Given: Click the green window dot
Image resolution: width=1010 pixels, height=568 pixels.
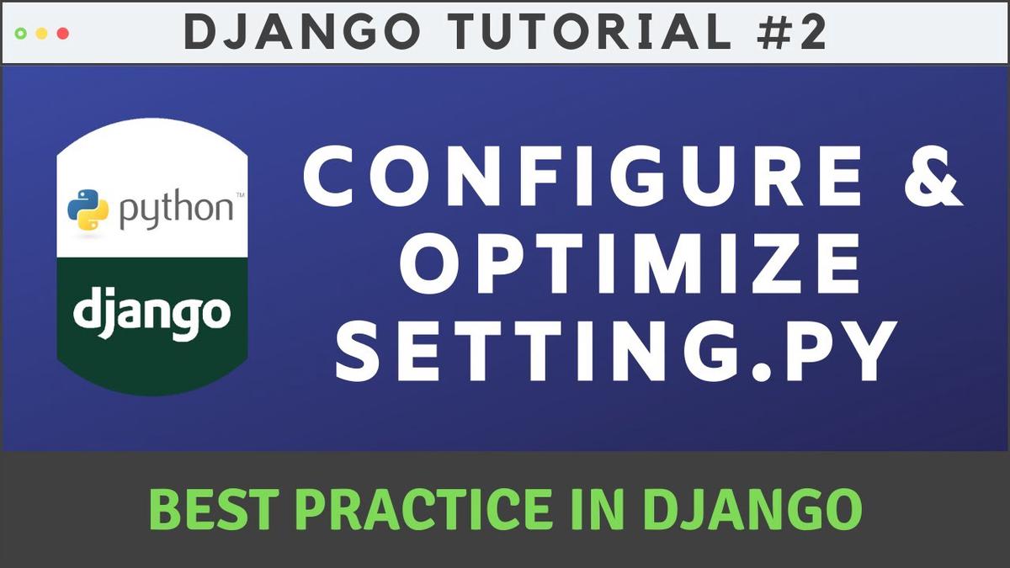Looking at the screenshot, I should pos(21,34).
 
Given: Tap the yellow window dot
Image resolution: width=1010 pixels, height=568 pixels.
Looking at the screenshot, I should pos(42,34).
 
